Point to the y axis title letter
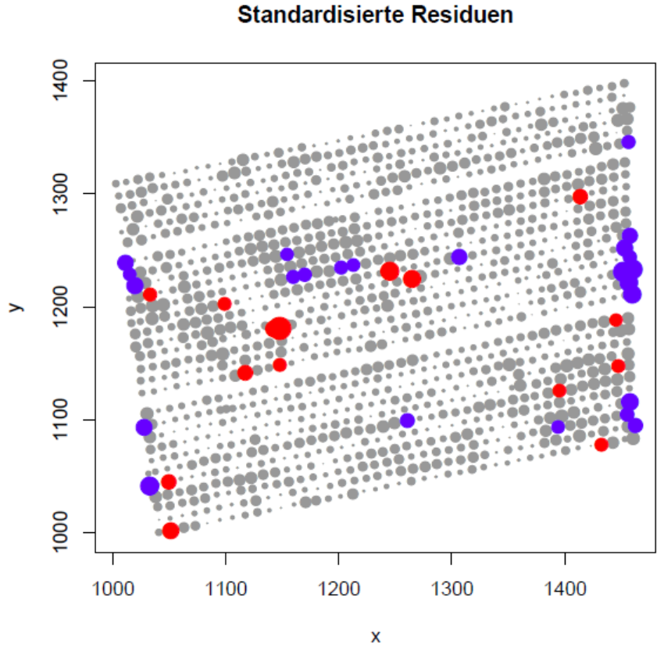click(x=15, y=307)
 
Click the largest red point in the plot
click(x=277, y=329)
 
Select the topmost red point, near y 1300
click(x=580, y=196)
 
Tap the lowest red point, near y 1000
click(x=170, y=531)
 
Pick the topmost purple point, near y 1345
click(x=628, y=141)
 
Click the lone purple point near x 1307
click(x=459, y=256)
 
